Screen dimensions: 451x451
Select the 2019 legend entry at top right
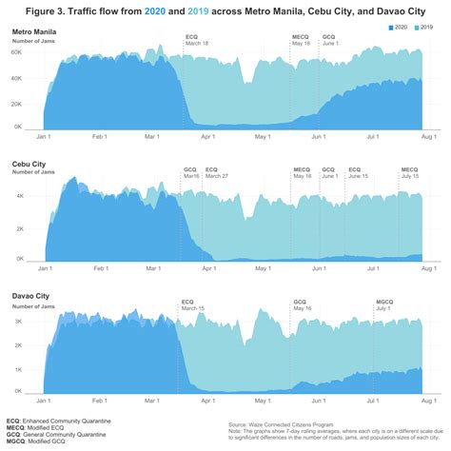coord(424,31)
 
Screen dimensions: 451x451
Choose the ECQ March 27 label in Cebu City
coord(217,172)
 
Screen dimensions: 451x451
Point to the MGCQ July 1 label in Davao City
coord(384,304)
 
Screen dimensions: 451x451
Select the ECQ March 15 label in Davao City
coord(193,304)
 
